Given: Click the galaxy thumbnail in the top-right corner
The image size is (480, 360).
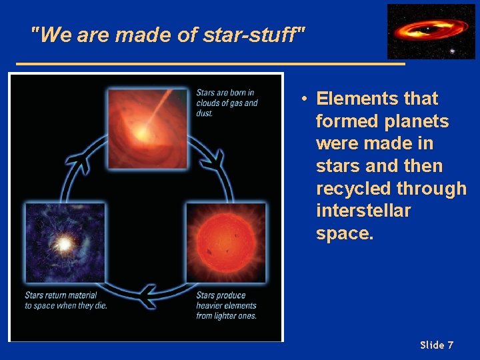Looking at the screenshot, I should (x=431, y=31).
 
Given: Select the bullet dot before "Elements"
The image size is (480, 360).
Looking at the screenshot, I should (x=303, y=99).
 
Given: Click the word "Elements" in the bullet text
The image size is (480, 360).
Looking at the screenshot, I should (x=377, y=99).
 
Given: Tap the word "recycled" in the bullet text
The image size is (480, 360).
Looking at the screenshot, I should (x=355, y=189).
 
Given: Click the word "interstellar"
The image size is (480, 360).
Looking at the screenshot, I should (x=363, y=211).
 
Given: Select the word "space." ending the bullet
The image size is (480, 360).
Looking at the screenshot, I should (x=344, y=234).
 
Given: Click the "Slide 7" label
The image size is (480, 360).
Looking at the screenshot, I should (x=437, y=345).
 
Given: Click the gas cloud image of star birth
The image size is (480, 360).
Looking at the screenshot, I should (x=147, y=128).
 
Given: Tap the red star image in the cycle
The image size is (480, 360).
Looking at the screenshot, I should (x=225, y=242).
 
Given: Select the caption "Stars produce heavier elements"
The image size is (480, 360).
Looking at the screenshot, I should (x=226, y=305).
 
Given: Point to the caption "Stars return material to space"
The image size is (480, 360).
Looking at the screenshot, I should (x=65, y=300).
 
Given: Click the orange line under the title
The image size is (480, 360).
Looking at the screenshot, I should (x=210, y=64).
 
